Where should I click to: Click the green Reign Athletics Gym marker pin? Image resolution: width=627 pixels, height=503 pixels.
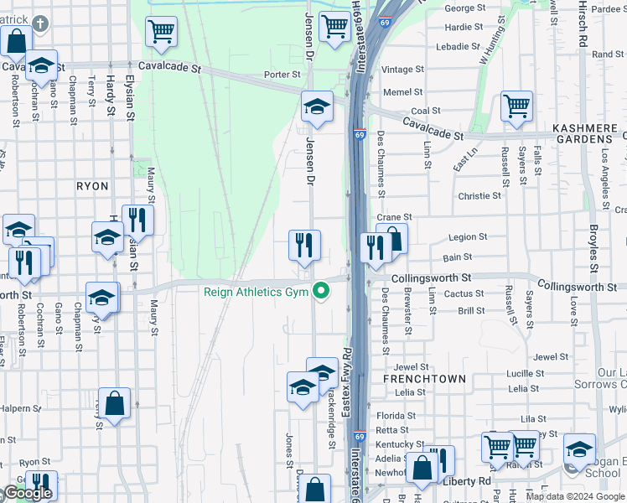coord(319,293)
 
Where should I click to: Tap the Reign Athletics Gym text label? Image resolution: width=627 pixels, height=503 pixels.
coord(256,293)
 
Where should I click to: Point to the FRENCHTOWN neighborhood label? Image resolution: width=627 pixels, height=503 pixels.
coord(424,379)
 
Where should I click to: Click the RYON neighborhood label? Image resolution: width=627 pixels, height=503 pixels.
coord(92,186)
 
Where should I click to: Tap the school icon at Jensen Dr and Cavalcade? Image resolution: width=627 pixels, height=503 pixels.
coord(317,106)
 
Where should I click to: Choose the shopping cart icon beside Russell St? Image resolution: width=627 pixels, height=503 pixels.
coord(517,106)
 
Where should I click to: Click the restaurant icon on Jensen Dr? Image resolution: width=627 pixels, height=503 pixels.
coord(304,245)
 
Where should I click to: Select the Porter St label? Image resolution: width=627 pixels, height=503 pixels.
coord(276,75)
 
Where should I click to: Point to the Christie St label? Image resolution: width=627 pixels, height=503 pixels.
coord(479,195)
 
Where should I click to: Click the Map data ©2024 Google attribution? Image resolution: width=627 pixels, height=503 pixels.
coord(575,496)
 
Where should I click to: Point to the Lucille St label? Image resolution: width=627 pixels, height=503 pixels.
coord(526,373)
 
